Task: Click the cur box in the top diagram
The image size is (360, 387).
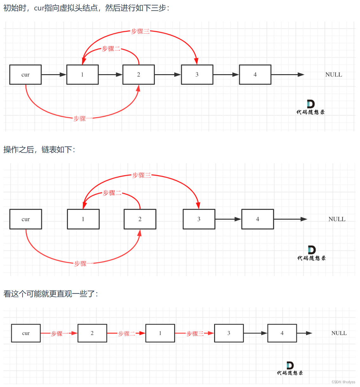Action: (25, 75)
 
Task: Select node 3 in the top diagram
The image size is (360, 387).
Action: (197, 75)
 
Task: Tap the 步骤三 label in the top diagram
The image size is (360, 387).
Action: (140, 31)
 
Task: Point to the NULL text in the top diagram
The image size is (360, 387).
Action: (334, 75)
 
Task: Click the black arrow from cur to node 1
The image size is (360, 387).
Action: (54, 75)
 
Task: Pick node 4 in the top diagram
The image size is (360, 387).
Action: (255, 75)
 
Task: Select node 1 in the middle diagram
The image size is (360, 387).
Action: (83, 219)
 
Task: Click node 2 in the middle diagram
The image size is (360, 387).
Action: (140, 219)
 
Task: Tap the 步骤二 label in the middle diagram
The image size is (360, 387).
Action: (112, 193)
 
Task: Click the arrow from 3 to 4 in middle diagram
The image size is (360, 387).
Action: (228, 219)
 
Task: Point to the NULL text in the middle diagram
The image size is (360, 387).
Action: (337, 219)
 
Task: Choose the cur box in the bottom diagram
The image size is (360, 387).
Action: (26, 333)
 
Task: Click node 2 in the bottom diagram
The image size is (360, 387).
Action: (92, 333)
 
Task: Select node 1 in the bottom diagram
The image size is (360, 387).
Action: (160, 333)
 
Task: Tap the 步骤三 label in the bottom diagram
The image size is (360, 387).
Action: (194, 333)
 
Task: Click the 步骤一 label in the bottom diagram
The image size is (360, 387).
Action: (59, 333)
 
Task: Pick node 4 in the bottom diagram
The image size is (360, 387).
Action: (282, 333)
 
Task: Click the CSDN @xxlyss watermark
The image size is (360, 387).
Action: (344, 382)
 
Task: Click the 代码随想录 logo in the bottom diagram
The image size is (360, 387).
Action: (290, 369)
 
